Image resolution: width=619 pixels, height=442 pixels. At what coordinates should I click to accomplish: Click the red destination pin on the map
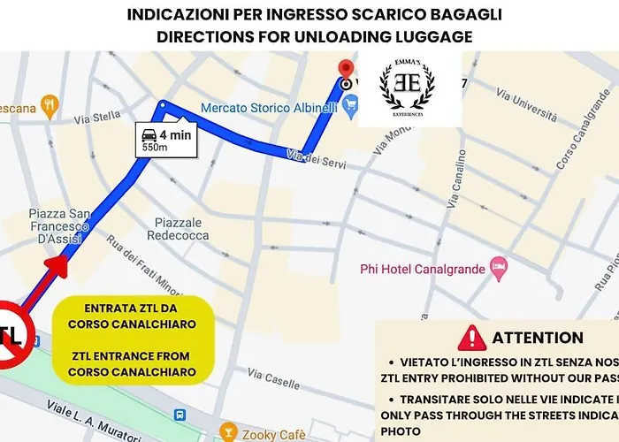point(347,69)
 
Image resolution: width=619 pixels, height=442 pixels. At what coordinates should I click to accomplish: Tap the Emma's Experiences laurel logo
point(407,89)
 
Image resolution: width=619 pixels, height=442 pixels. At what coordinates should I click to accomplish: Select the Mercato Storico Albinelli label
point(270,107)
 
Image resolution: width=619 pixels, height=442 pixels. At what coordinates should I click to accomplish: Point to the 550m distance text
point(156,148)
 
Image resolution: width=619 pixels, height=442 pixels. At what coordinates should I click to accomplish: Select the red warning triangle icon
point(474,337)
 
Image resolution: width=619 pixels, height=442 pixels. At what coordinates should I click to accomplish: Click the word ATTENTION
point(538,338)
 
